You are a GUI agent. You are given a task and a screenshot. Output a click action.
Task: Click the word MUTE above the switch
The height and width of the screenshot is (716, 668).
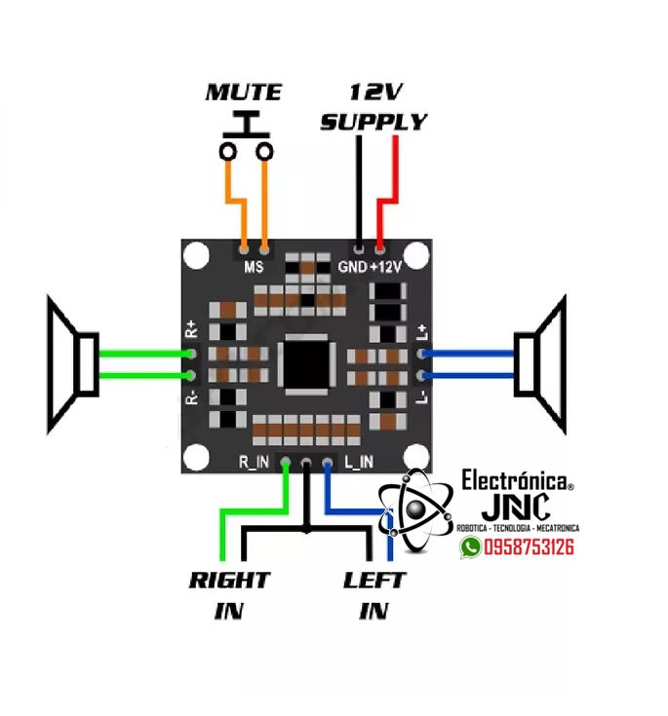coord(243,94)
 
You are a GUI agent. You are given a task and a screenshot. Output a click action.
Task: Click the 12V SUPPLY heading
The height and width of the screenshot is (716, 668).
coord(373,108)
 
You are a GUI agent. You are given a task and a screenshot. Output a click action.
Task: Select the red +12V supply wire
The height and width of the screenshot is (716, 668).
coord(394,185)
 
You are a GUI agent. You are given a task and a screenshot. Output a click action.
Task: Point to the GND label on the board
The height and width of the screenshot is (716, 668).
coord(351,267)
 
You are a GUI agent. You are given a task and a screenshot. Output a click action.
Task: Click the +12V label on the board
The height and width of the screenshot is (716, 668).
coord(385,267)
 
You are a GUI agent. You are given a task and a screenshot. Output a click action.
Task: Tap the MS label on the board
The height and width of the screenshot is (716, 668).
coord(254,267)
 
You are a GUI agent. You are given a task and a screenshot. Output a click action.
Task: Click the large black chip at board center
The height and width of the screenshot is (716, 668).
coord(308,364)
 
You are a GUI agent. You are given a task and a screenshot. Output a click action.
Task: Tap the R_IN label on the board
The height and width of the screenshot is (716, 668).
coord(253,461)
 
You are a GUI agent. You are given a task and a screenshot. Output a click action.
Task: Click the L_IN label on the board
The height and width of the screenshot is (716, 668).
coord(359,461)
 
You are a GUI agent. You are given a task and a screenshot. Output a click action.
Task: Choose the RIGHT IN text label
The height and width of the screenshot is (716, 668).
coord(229,595)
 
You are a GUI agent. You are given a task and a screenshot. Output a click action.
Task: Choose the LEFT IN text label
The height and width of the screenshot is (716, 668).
coord(374,595)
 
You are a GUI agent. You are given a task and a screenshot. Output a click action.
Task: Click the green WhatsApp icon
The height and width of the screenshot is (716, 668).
coord(471,547)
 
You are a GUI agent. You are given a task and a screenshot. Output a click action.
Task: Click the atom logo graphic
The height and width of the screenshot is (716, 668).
coord(419,509)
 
